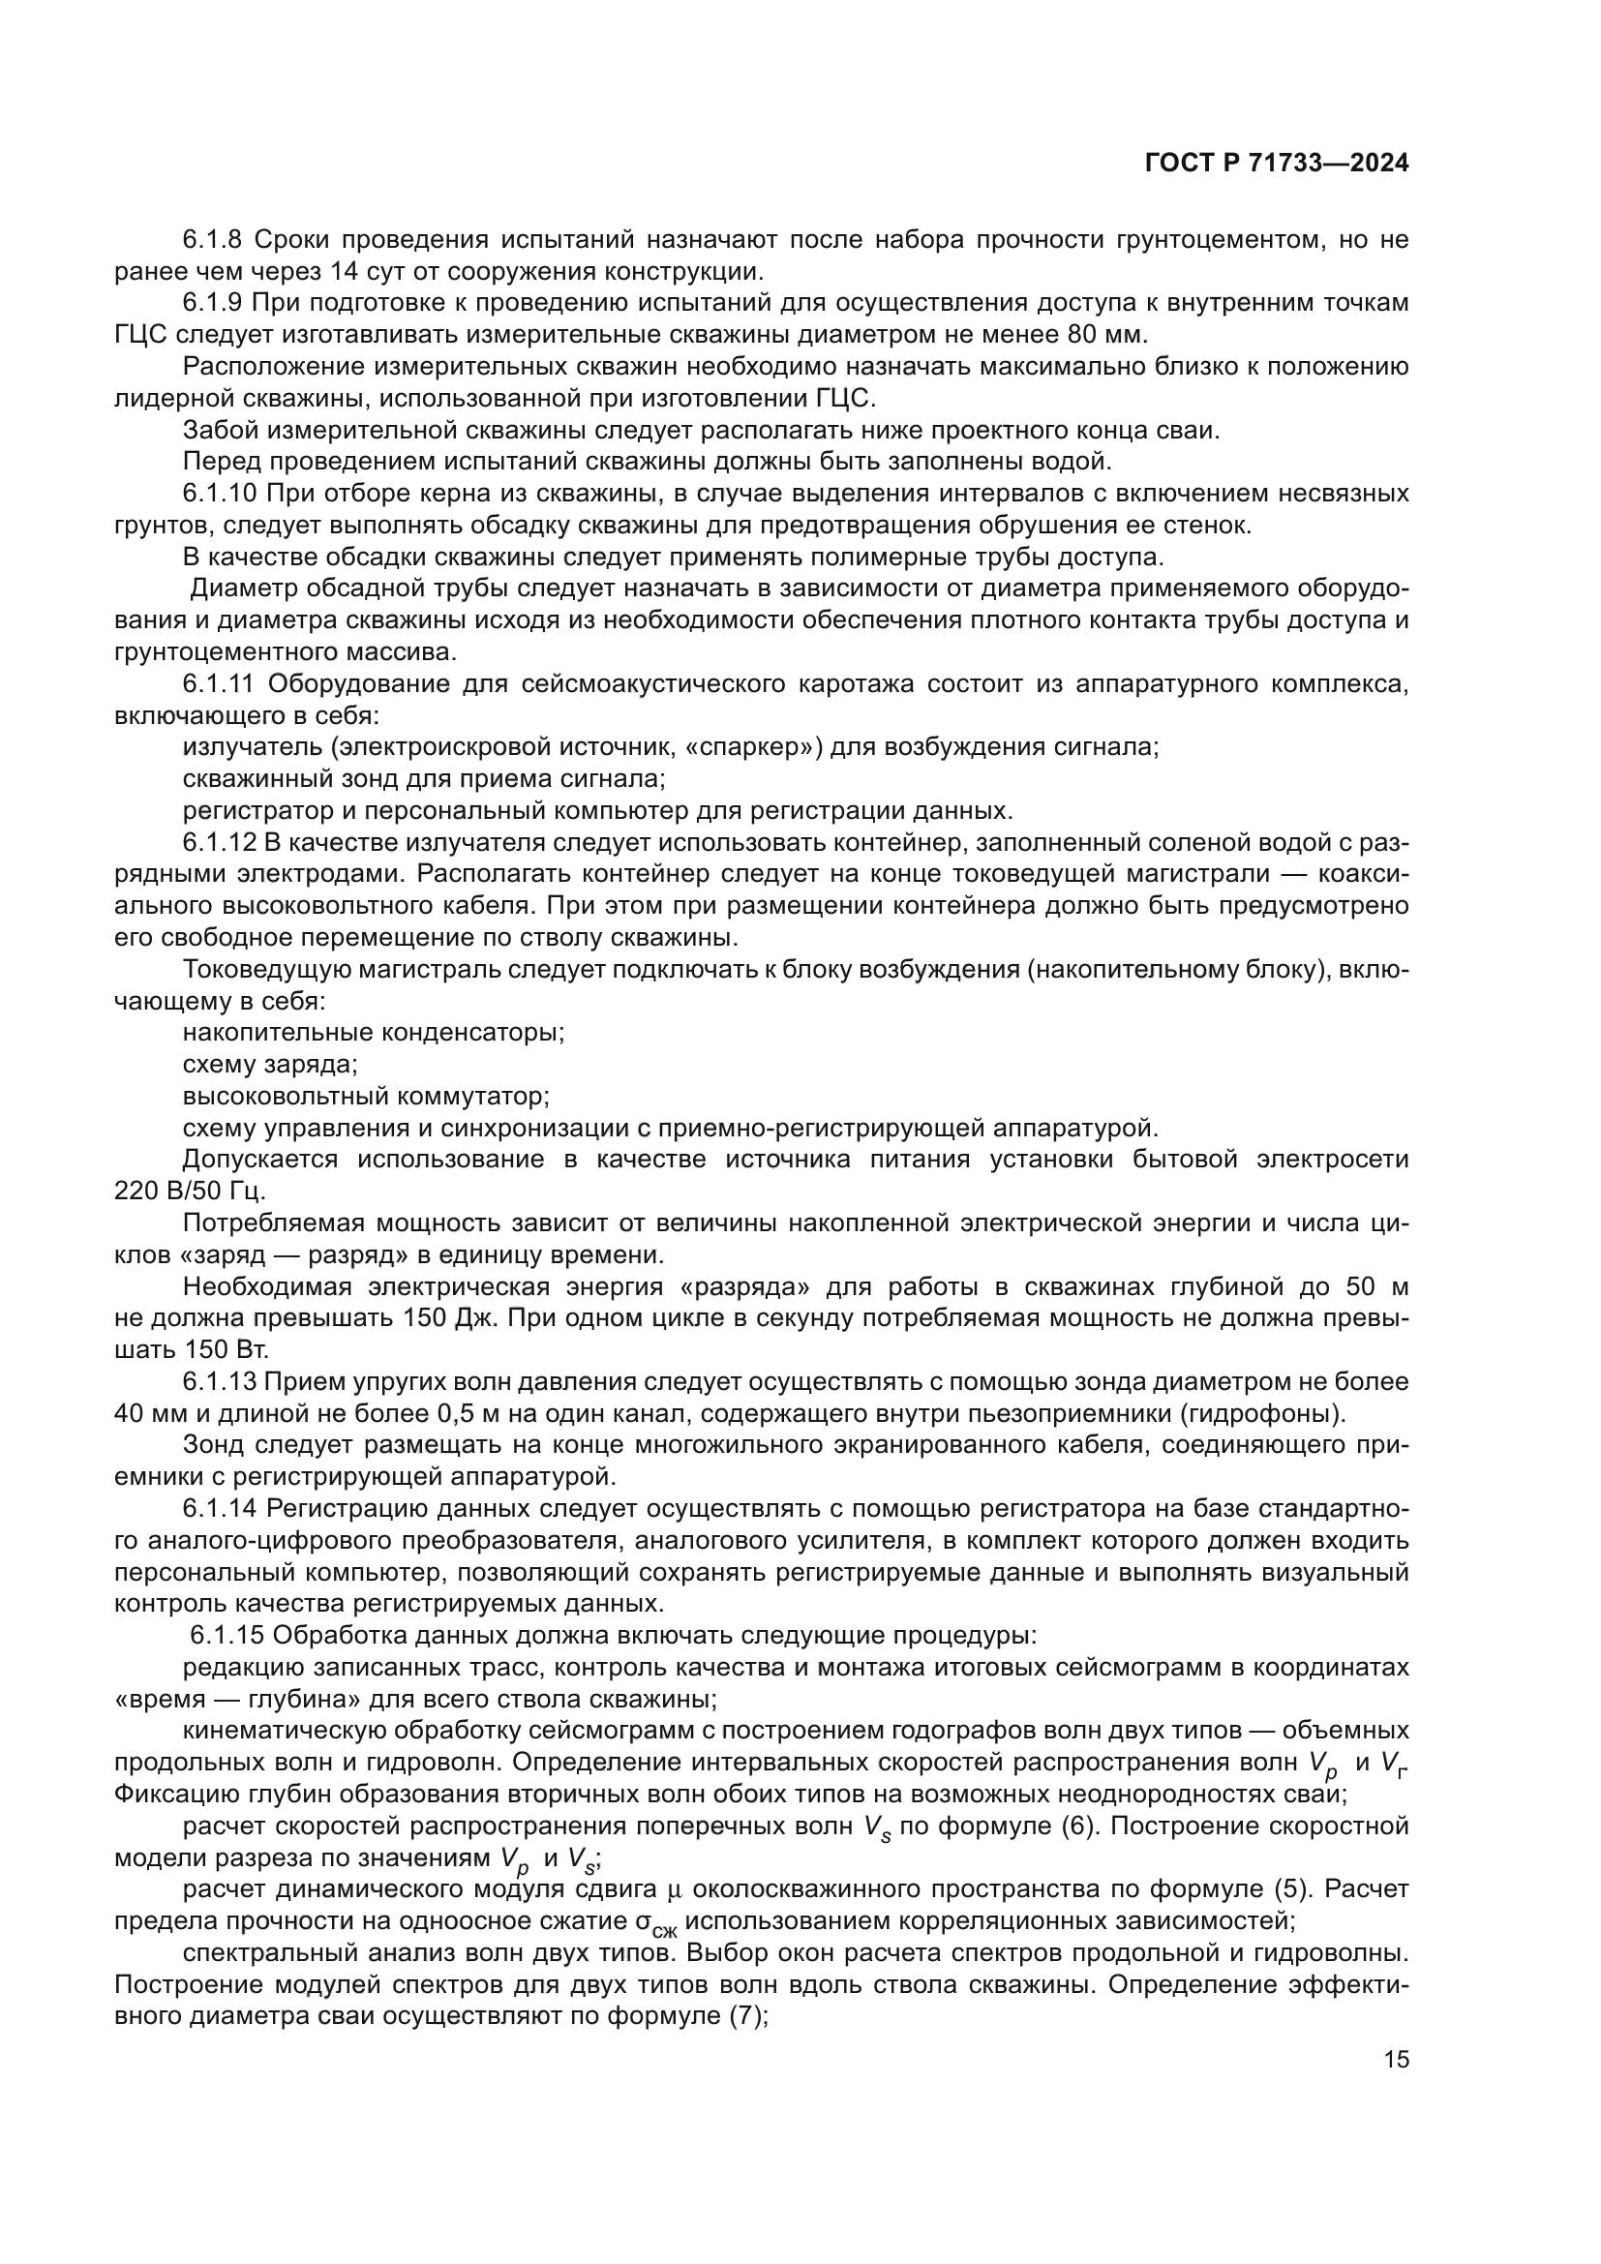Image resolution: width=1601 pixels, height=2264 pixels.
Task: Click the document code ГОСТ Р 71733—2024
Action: click(1277, 164)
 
